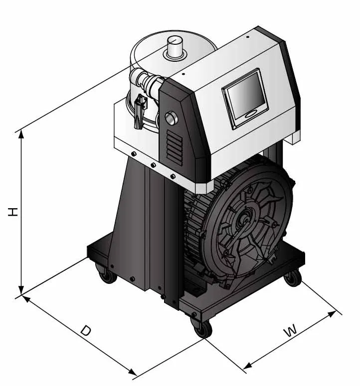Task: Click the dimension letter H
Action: pos(13,212)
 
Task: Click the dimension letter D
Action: pos(86,330)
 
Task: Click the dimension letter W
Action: pos(291,330)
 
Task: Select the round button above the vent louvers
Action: pos(172,118)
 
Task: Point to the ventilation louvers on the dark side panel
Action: pos(175,147)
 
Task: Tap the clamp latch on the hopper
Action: pos(140,111)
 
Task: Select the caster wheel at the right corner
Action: pos(293,278)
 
